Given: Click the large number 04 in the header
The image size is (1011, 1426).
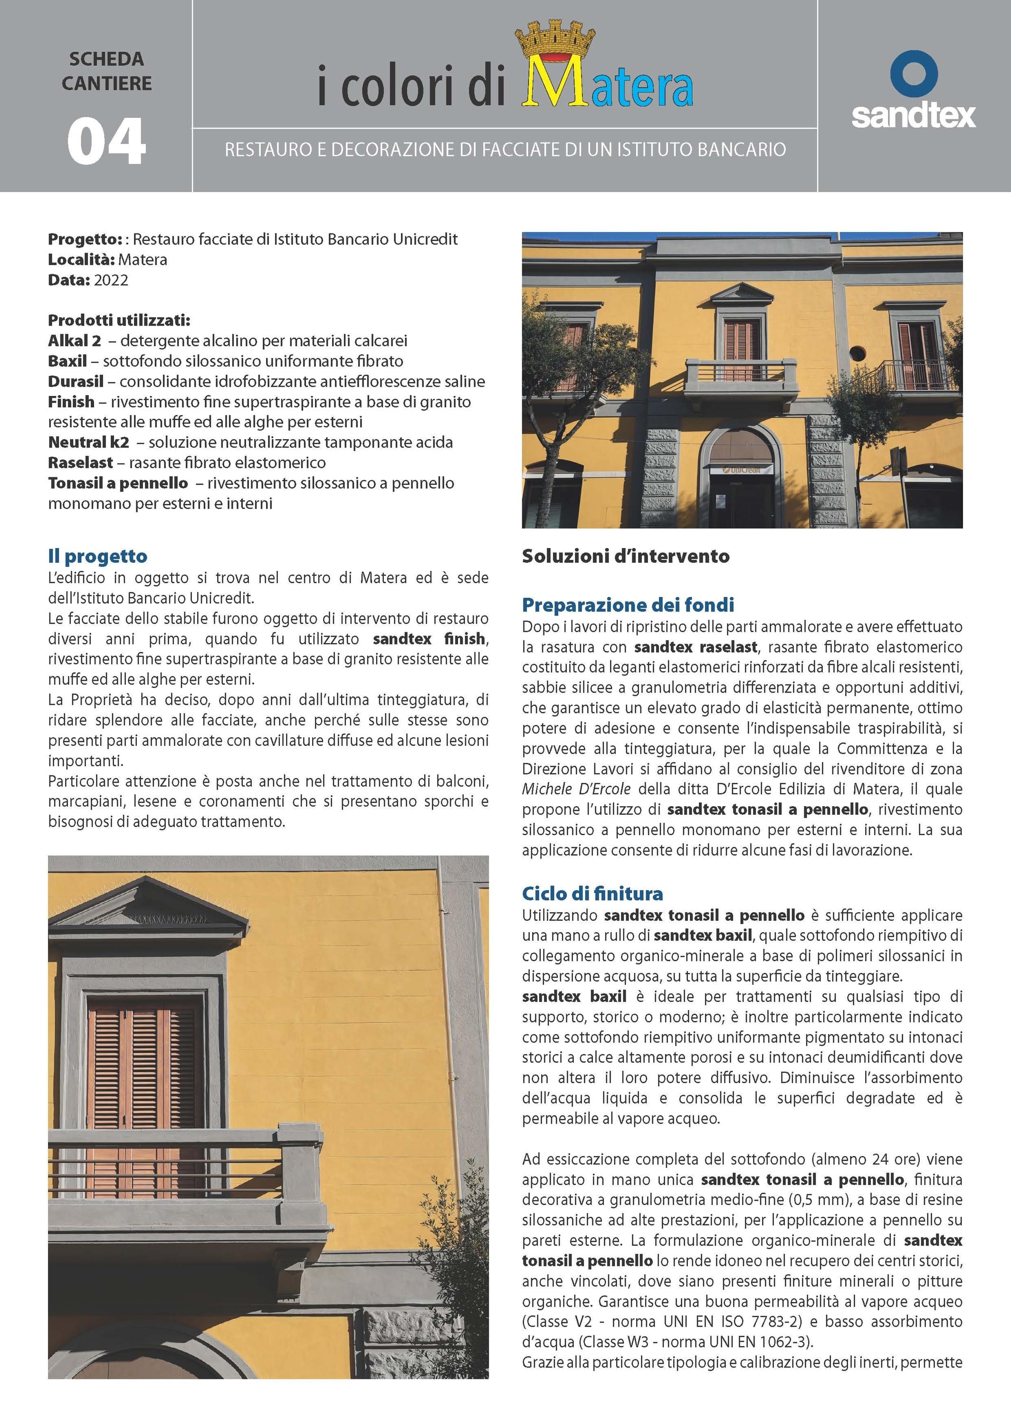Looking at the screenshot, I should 106,142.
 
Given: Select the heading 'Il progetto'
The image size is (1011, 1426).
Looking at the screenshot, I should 98,556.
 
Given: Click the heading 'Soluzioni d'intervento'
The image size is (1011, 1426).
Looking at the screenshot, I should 625,556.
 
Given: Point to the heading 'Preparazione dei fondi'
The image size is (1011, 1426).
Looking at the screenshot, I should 628,605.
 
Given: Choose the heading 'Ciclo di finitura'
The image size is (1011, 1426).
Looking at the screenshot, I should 592,894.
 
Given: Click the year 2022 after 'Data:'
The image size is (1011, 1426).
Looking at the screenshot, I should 111,280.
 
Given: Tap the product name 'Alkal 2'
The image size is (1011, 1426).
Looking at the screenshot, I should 74,341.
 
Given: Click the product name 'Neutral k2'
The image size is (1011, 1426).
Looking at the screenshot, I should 88,442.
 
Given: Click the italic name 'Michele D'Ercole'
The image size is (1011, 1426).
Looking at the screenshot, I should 576,789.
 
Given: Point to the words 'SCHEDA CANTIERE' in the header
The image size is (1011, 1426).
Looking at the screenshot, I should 106,71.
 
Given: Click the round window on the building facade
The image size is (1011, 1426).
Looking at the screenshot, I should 857,354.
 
